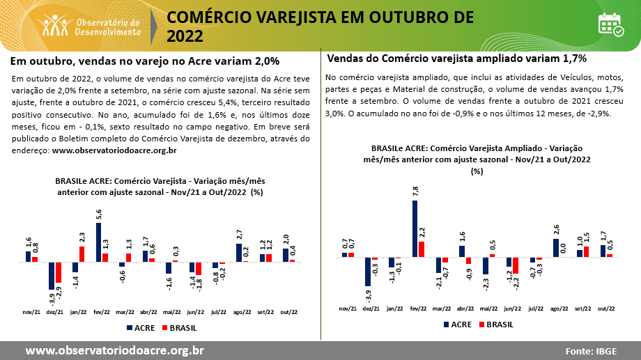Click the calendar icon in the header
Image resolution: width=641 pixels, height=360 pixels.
(610, 24)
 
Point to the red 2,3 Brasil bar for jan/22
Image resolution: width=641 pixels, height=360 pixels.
(82, 254)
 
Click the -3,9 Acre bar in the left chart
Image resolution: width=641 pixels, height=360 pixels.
(52, 275)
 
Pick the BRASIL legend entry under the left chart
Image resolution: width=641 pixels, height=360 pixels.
(178, 327)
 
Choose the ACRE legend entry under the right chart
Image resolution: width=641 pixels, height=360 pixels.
(456, 324)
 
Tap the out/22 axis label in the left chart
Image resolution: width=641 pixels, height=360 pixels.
(286, 313)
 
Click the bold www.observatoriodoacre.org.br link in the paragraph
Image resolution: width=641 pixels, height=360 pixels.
(114, 150)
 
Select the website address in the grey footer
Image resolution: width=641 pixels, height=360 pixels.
(115, 350)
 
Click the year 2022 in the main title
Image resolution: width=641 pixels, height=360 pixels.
(185, 36)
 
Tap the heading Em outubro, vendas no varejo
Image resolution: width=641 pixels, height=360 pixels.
(145, 61)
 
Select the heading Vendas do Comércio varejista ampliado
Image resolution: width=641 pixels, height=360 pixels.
(456, 58)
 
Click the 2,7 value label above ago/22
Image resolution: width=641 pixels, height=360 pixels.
(239, 235)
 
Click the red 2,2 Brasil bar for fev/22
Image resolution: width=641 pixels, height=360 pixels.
(422, 249)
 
